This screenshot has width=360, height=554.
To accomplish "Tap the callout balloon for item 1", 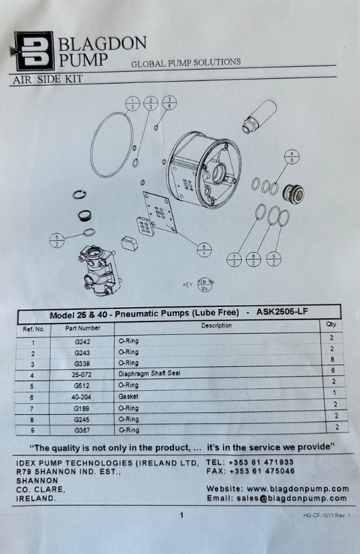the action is (133, 104).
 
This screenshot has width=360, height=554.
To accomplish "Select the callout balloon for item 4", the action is (292, 157).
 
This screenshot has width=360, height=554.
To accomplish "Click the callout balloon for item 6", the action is (204, 250).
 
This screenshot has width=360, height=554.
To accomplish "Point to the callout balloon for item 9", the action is (274, 259).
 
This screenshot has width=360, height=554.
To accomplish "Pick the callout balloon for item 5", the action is (58, 240).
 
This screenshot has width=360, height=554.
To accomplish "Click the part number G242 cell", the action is (82, 341).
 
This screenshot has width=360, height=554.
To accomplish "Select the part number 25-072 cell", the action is (82, 374).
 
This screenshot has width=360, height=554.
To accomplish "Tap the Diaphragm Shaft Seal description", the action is (150, 373).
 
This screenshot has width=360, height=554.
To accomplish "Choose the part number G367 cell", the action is (82, 430).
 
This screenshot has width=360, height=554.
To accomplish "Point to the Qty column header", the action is (331, 324).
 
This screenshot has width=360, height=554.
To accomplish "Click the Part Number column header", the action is (83, 328).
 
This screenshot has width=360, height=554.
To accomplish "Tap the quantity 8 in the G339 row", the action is (332, 360).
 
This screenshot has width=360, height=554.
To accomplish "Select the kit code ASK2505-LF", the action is (282, 312).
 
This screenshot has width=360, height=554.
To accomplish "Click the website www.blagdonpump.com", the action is (298, 489).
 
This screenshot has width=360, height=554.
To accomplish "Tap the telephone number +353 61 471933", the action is (261, 462).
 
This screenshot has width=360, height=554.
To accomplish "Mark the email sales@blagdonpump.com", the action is (291, 498).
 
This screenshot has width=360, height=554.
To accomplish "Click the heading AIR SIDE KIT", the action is (48, 79).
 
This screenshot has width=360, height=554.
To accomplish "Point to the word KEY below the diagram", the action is (187, 284).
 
